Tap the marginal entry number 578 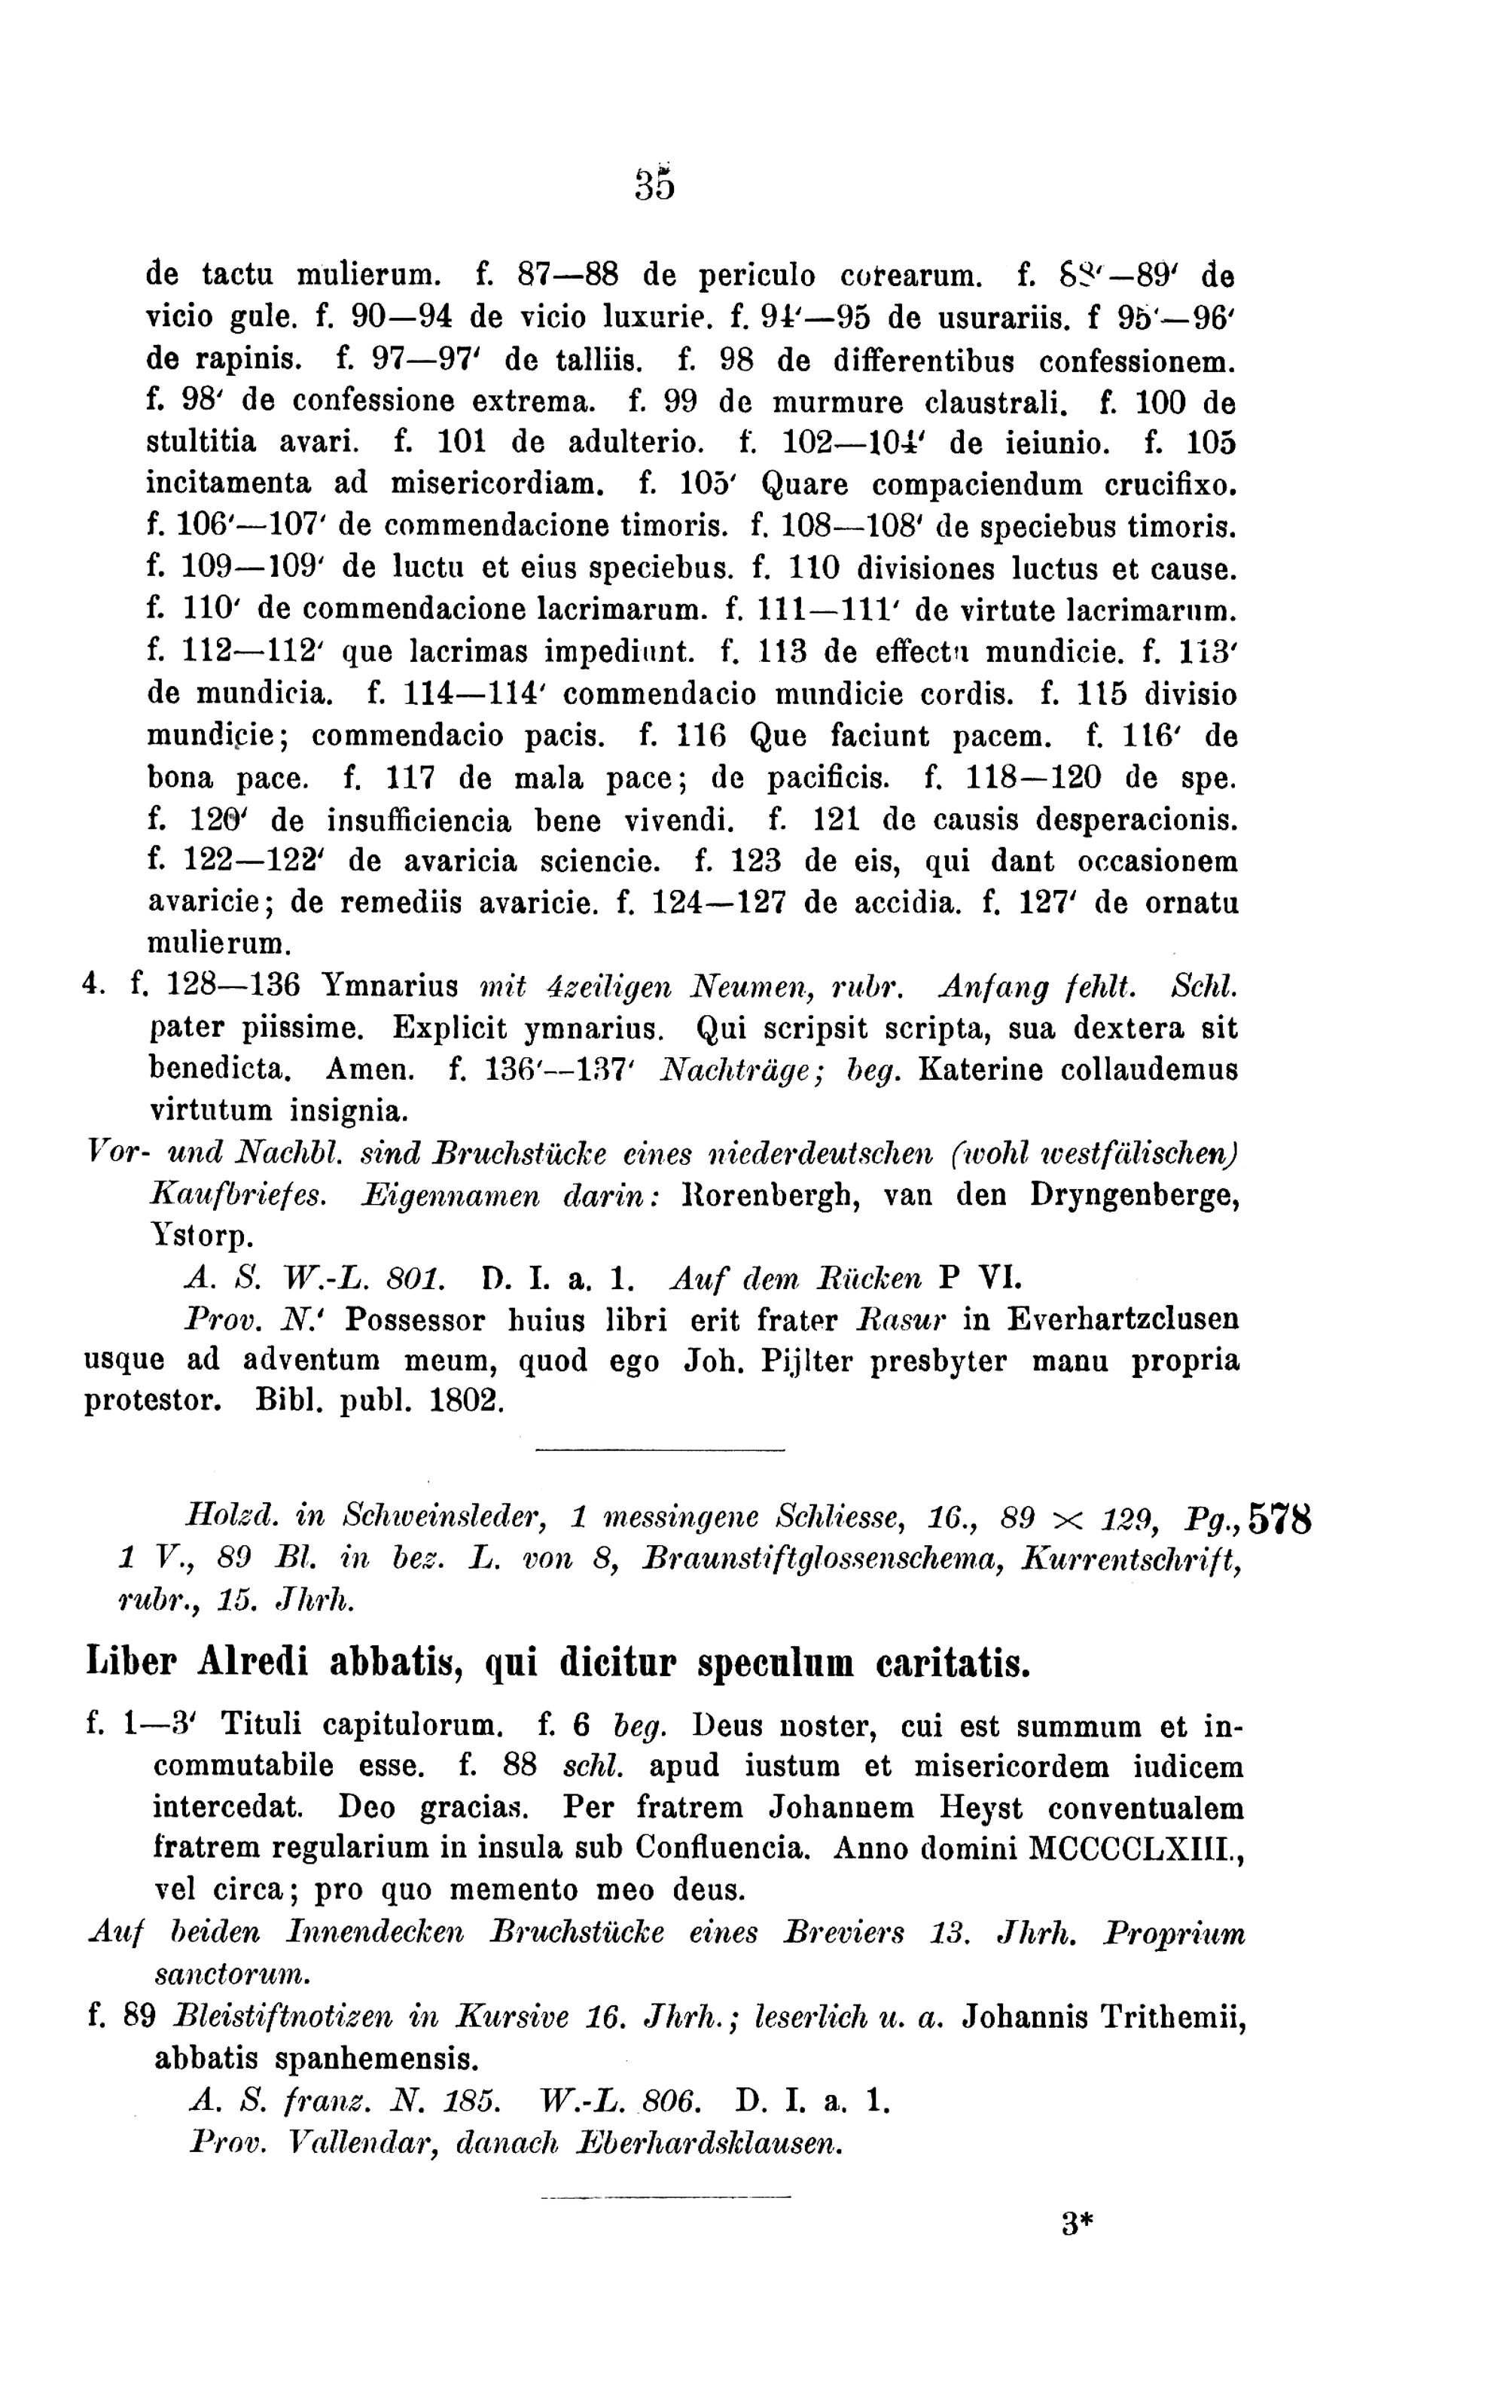(x=1281, y=1520)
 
